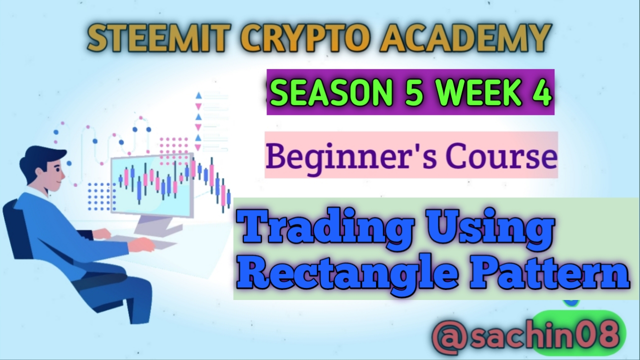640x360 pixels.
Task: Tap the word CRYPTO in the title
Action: [x=305, y=37]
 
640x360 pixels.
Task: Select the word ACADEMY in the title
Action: [x=465, y=37]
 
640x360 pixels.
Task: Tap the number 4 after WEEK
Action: [x=541, y=92]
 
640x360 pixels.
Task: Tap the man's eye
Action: [x=58, y=170]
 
